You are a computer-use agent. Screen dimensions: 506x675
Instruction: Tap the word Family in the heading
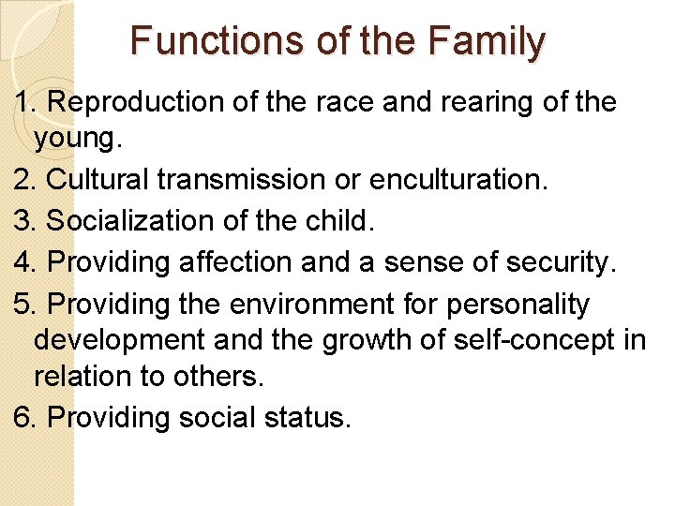click(x=487, y=41)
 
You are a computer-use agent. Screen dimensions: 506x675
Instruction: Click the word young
click(x=76, y=141)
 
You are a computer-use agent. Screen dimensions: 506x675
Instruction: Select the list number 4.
click(x=23, y=262)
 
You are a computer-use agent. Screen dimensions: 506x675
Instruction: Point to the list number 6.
click(x=23, y=417)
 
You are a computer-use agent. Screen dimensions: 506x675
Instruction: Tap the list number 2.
click(x=23, y=180)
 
